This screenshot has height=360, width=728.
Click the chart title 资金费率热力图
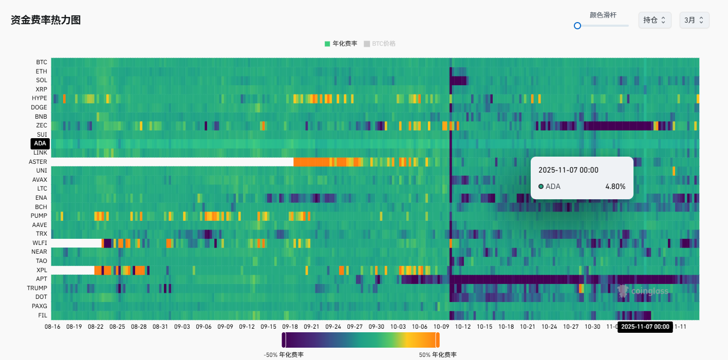(x=46, y=20)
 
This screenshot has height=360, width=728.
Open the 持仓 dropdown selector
(x=655, y=20)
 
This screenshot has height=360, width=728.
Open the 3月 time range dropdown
(x=694, y=20)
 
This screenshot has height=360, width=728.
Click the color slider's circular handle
(x=577, y=25)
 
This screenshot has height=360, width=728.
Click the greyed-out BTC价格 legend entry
(x=380, y=44)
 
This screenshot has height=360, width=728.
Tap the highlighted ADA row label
(x=40, y=143)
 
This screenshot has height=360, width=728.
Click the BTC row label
(x=42, y=62)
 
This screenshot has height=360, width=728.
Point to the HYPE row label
(x=39, y=98)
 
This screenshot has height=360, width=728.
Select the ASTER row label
(x=38, y=162)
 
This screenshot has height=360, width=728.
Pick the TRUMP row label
(x=37, y=288)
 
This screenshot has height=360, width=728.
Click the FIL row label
(x=43, y=315)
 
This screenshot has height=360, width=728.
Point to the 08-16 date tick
(x=52, y=327)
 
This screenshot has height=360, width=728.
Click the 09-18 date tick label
(x=290, y=327)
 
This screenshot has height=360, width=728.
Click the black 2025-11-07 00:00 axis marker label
(x=645, y=327)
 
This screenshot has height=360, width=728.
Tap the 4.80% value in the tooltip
(x=615, y=186)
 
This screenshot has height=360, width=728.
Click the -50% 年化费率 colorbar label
(x=284, y=355)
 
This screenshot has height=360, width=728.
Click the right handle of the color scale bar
(x=438, y=340)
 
